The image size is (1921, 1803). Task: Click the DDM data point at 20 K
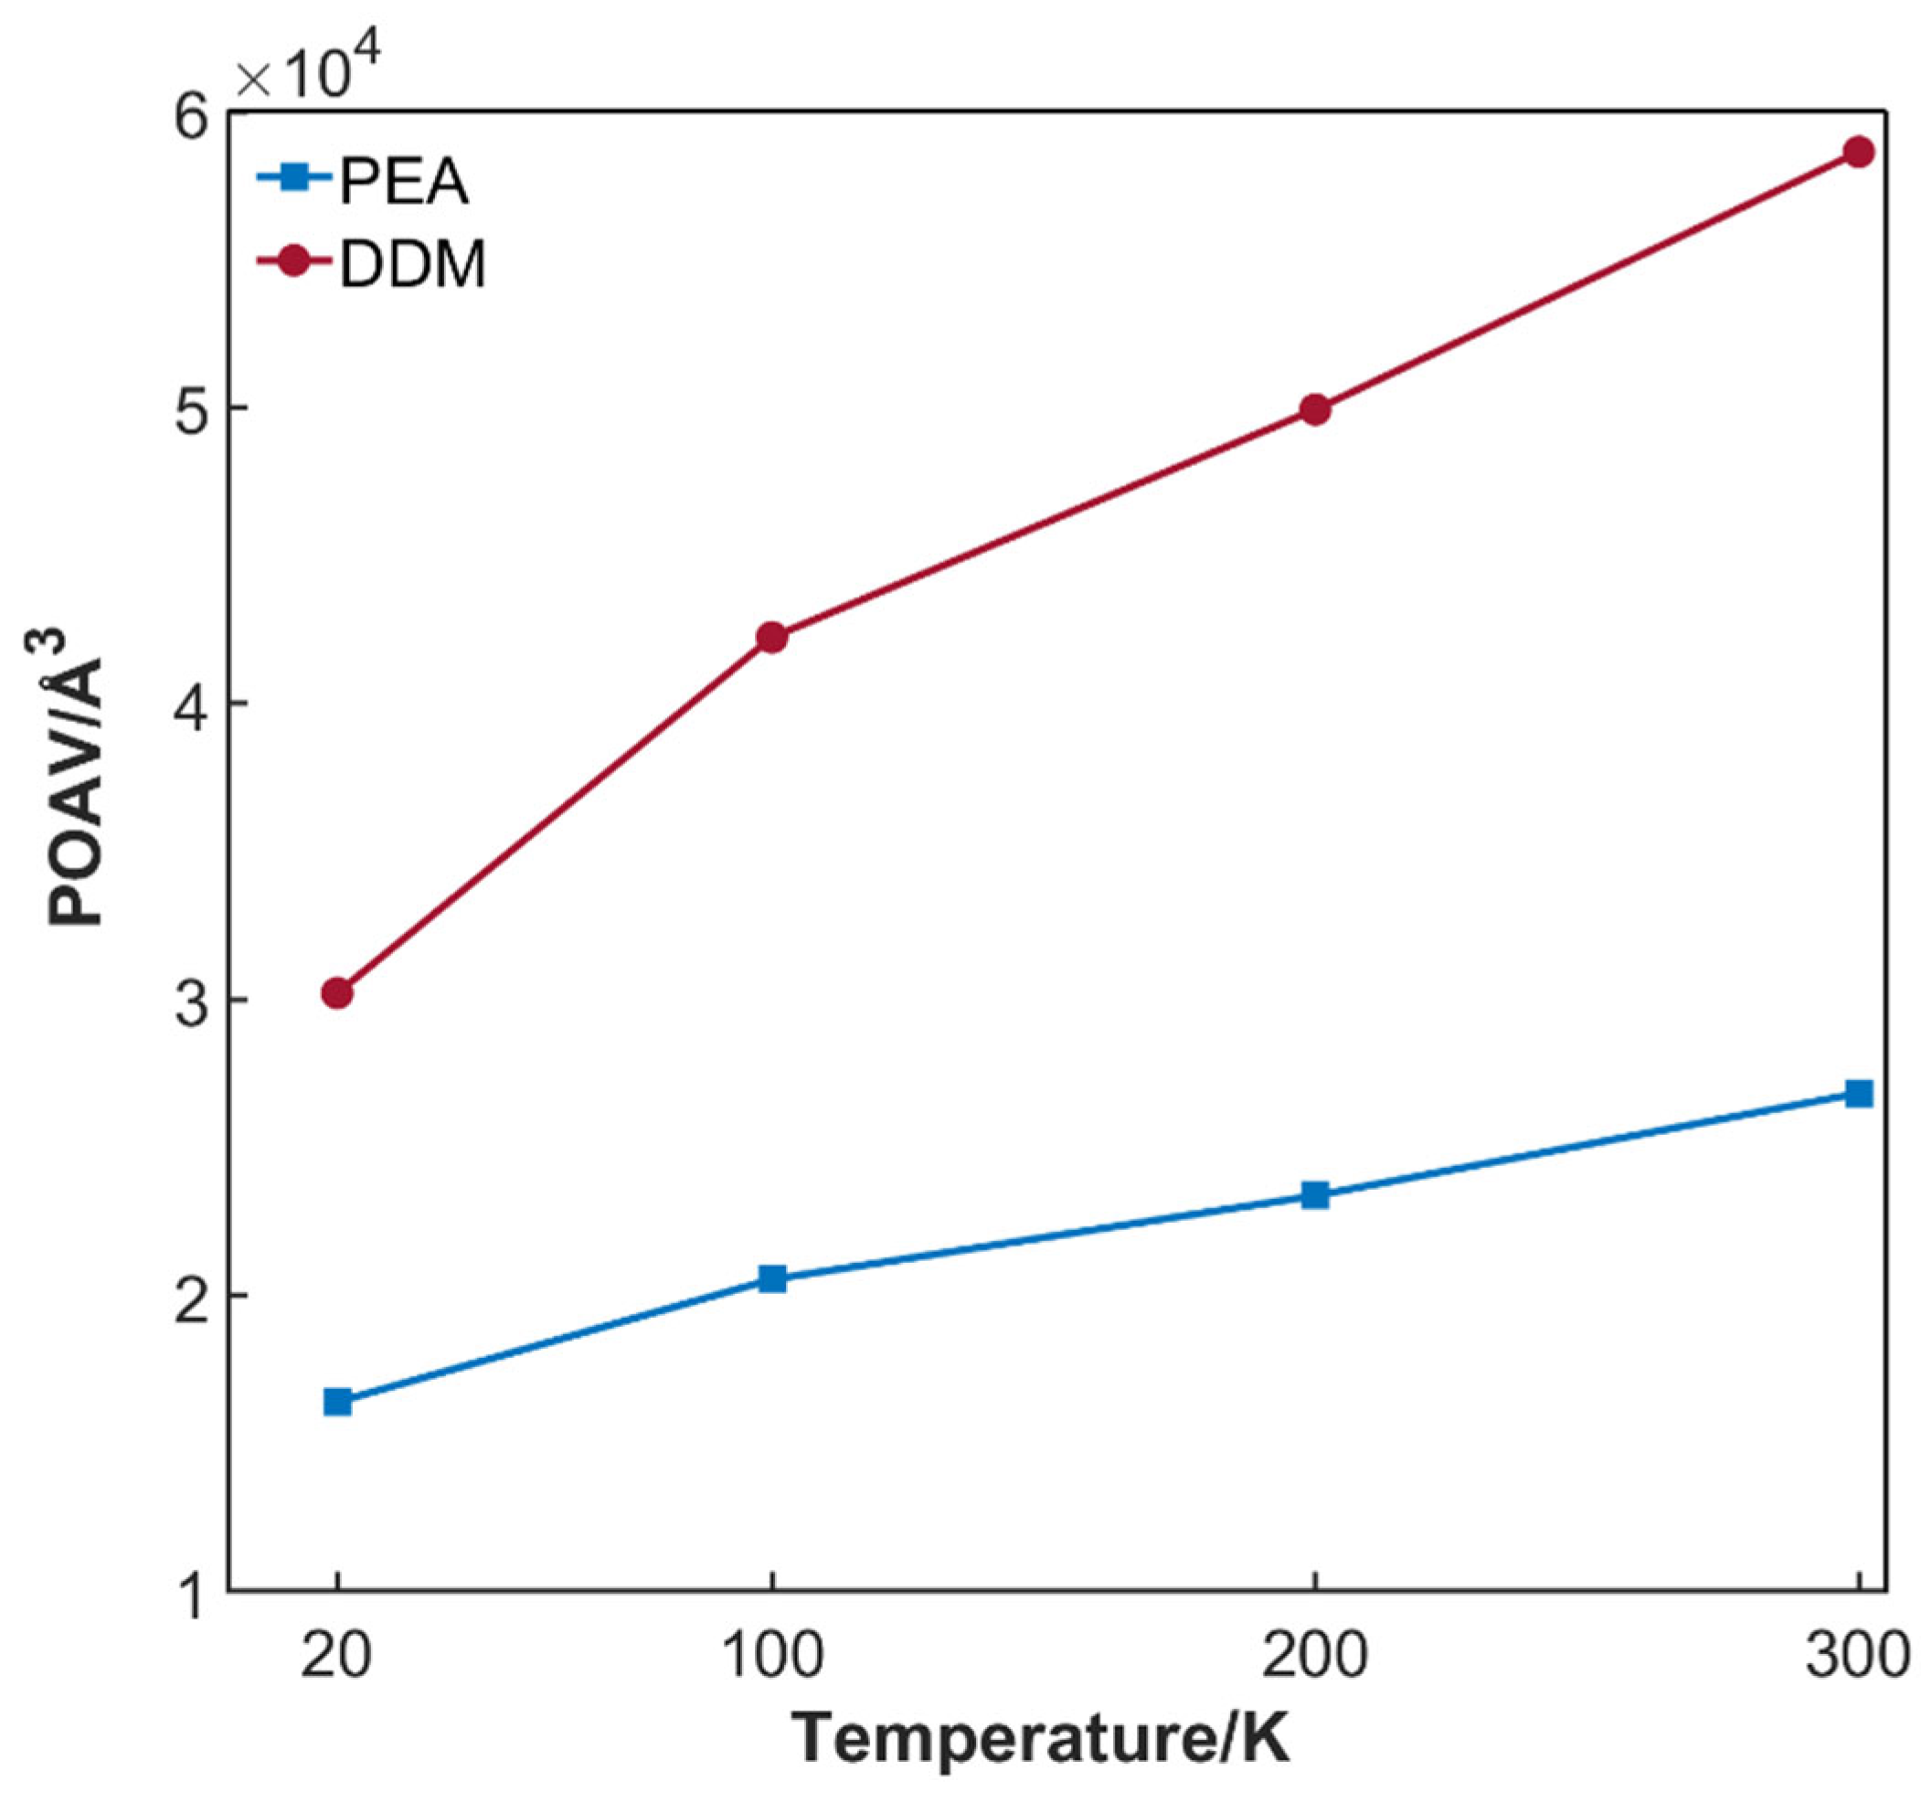337,992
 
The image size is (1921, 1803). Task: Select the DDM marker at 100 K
771,637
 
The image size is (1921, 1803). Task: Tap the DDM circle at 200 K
1314,409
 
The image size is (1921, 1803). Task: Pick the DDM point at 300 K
1858,152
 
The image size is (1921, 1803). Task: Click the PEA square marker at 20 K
337,1402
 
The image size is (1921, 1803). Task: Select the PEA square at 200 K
1314,1196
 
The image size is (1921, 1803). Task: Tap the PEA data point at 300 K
1858,1094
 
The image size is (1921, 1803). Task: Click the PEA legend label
403,182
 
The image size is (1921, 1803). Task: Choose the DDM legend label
412,264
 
